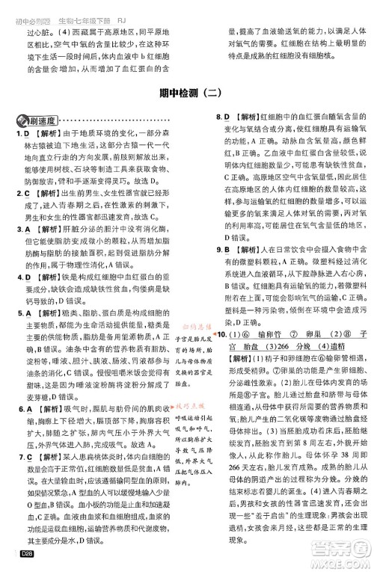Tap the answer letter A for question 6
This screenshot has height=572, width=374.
tap(25, 410)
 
